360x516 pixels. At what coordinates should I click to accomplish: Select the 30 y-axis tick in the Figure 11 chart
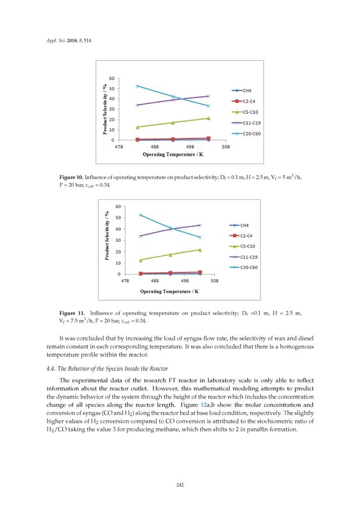pos(118,240)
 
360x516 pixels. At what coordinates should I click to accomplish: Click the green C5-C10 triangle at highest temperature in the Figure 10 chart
pos(208,118)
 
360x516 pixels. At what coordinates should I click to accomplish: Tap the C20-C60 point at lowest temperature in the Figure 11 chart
pos(140,214)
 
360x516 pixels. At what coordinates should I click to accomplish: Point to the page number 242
pos(180,484)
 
